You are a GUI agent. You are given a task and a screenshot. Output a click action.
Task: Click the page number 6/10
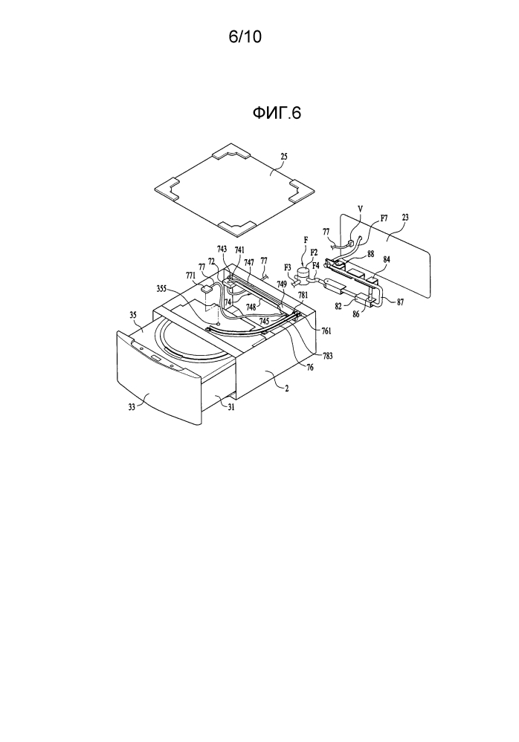tap(245, 37)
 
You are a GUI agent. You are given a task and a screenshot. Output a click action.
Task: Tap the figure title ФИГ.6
tap(277, 113)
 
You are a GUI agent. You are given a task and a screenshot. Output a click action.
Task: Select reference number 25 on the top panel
tap(283, 157)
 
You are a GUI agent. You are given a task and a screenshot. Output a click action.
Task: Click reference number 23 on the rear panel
tap(406, 218)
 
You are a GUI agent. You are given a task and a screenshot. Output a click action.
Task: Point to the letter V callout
tap(361, 208)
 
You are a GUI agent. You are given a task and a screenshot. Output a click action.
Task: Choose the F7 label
tap(384, 218)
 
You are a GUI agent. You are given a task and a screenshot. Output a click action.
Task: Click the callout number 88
tap(371, 254)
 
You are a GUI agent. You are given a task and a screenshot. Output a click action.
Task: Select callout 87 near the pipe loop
tap(400, 302)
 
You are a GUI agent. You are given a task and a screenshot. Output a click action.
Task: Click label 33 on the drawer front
tap(132, 406)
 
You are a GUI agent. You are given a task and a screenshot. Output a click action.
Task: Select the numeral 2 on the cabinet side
tap(286, 388)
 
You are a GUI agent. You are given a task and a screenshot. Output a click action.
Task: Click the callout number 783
tap(326, 356)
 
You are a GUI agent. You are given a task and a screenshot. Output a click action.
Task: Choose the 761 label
tap(326, 331)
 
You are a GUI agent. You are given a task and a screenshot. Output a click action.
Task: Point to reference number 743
tap(222, 249)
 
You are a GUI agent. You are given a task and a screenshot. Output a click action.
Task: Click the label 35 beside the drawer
tap(133, 313)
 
